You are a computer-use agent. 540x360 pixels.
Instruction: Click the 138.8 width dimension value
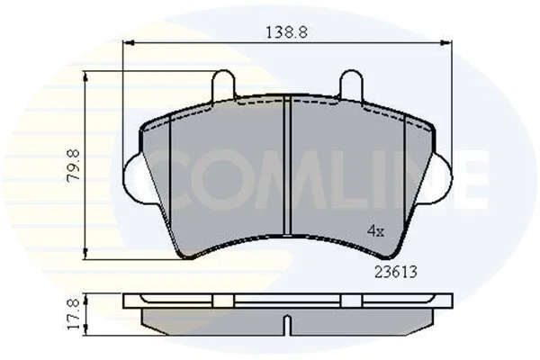tap(286, 32)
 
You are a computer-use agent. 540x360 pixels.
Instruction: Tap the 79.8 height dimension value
tap(74, 165)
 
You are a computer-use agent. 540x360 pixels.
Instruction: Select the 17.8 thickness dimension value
tap(74, 314)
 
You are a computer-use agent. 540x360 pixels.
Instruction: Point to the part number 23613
tap(396, 272)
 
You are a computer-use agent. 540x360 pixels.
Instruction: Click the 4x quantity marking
tap(375, 230)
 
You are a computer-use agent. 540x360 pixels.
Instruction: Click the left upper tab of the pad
tap(224, 85)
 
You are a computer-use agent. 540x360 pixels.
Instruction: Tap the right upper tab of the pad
tap(351, 85)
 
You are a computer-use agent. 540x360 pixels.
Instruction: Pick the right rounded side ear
tap(442, 177)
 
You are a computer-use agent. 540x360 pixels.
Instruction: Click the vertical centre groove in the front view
tap(287, 166)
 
